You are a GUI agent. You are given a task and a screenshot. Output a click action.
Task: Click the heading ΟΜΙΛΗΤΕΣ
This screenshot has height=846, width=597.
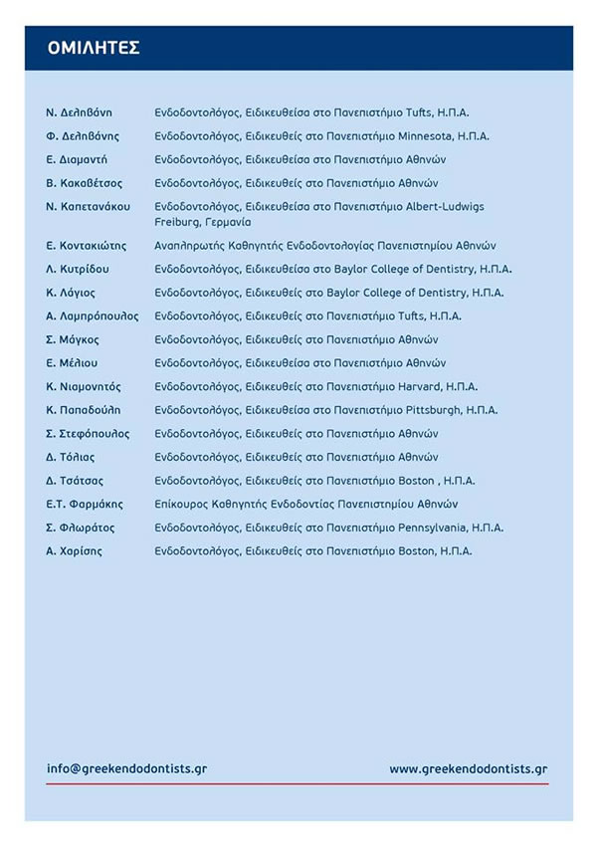(94, 48)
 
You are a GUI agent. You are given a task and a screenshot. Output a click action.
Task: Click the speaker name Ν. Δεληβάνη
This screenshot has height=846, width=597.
(79, 112)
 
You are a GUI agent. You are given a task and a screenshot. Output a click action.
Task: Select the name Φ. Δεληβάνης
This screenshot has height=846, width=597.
(83, 135)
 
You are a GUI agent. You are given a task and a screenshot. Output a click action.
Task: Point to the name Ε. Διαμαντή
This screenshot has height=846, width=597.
(77, 159)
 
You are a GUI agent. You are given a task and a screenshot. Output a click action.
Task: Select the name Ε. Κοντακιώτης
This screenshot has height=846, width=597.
(89, 245)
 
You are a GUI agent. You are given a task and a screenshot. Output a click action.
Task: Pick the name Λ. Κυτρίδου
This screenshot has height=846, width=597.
(78, 269)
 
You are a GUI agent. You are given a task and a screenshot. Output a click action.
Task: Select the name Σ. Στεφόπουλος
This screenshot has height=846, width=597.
(88, 434)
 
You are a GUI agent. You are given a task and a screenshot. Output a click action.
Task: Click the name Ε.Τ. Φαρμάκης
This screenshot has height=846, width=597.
(84, 504)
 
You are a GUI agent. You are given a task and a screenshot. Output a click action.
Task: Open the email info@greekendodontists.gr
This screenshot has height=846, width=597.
(126, 769)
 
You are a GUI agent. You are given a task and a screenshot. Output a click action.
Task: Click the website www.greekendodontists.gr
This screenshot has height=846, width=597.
(469, 769)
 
